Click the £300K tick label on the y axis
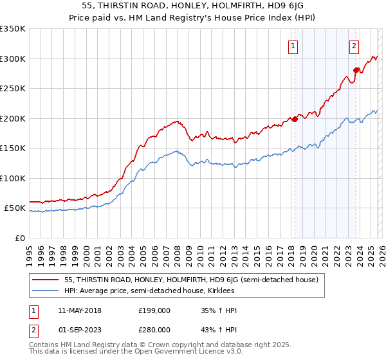pos(13,59)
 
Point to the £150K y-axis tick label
pos(13,148)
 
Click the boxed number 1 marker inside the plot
pos(293,46)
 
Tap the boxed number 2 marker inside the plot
pos(354,46)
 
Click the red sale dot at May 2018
pos(295,119)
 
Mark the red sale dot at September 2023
pos(356,70)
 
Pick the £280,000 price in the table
pos(154,330)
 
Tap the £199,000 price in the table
pos(154,310)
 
